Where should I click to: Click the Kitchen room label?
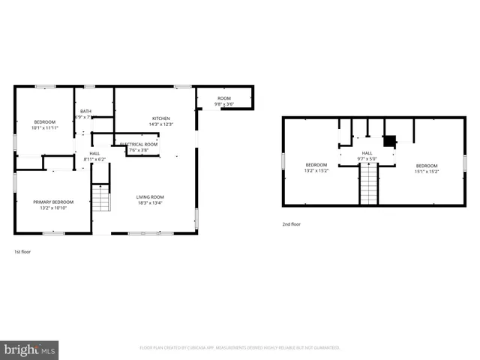161,118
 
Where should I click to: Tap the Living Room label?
150,197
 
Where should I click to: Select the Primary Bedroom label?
52,202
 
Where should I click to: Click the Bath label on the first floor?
86,111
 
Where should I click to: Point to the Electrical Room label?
139,144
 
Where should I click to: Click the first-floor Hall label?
94,153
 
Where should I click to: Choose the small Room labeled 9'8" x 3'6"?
224,98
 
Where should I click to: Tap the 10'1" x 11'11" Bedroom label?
45,122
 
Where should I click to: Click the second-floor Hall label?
367,153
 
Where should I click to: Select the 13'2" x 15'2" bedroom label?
316,165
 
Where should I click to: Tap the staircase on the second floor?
367,184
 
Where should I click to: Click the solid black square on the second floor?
389,139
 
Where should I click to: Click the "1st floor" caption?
23,252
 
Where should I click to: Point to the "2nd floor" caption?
291,224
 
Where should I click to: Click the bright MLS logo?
30,349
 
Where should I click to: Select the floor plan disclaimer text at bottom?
240,348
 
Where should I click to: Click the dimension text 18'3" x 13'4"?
150,202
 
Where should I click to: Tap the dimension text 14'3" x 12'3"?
161,124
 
